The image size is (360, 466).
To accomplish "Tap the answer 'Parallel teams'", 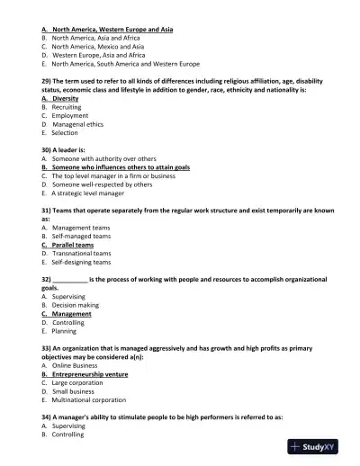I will (x=72, y=245).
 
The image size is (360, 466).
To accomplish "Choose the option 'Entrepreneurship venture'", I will (x=89, y=373).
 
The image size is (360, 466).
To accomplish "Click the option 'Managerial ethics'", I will (x=80, y=124).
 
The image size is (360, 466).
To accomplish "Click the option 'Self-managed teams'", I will (x=81, y=236).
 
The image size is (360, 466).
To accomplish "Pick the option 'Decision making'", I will (x=76, y=305).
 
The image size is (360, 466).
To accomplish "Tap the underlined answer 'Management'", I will (x=72, y=314).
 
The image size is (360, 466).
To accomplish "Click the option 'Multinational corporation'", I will (x=89, y=399).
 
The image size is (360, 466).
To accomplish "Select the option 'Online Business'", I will (x=75, y=364).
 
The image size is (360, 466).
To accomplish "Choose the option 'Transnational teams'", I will (x=81, y=253).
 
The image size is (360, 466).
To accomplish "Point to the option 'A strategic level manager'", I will (x=87, y=193).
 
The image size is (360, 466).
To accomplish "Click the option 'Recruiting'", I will (x=67, y=107).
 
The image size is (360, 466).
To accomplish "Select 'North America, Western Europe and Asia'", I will (x=112, y=30).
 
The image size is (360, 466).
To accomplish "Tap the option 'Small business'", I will (x=73, y=390).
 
